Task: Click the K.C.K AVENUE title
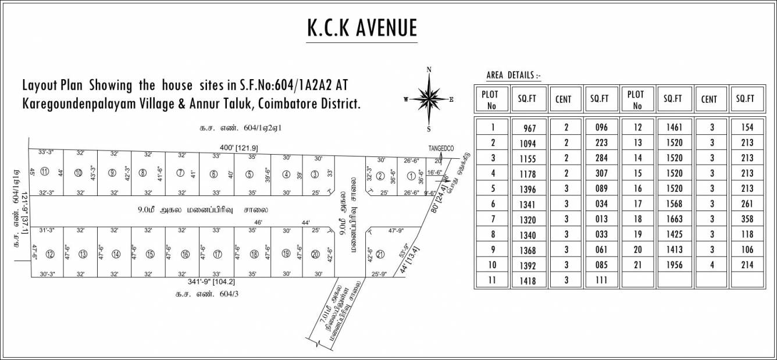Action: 362,28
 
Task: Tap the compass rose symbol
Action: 429,99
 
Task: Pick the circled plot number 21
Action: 380,253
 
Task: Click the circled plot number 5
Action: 248,174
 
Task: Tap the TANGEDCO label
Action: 440,148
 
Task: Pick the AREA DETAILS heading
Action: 513,76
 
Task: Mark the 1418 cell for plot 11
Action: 528,281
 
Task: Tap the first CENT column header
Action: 563,99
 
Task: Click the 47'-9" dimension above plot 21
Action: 395,231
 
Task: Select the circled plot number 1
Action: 411,176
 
